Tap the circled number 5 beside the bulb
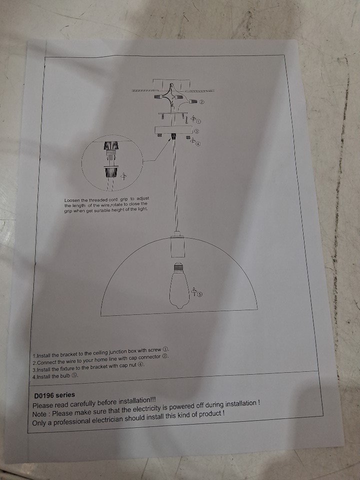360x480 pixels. tap(199, 294)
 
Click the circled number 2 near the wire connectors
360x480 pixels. tap(201, 102)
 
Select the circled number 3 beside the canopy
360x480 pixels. tap(197, 131)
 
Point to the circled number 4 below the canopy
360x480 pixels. tap(198, 143)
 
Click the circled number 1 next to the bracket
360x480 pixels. tap(198, 121)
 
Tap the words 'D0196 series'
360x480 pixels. tap(54, 395)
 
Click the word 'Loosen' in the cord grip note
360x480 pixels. tap(72, 200)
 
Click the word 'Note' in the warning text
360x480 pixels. tap(39, 414)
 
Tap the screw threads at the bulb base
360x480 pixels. tap(178, 267)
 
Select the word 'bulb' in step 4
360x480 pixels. tap(65, 376)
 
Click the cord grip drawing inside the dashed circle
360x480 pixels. tap(111, 160)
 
